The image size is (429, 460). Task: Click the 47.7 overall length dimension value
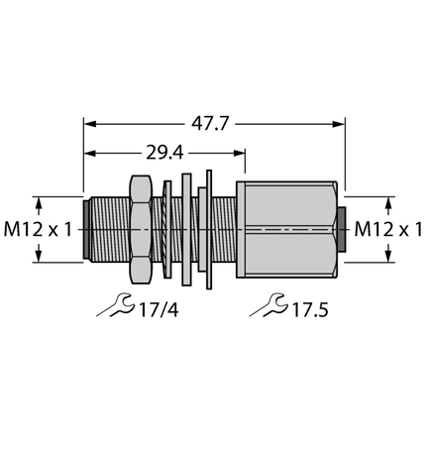click(214, 124)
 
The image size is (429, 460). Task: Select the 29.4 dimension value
click(164, 153)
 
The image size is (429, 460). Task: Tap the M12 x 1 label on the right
click(389, 229)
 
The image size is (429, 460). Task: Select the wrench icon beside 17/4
click(115, 306)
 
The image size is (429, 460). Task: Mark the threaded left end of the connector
click(105, 229)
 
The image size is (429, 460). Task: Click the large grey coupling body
click(291, 229)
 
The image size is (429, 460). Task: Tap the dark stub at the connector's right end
click(341, 229)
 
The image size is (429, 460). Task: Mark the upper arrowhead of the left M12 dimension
click(39, 201)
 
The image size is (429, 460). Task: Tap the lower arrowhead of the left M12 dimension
click(39, 257)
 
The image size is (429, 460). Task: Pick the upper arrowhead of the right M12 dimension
click(386, 201)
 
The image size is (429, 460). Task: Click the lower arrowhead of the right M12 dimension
click(386, 257)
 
